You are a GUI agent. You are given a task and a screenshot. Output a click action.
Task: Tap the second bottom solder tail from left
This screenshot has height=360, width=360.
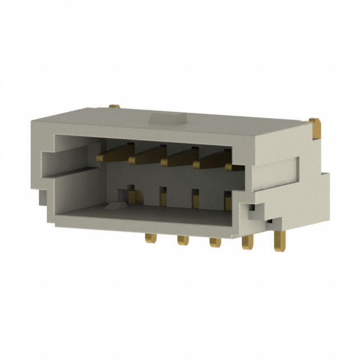point(182,240)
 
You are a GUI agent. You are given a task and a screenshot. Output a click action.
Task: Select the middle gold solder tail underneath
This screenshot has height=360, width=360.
point(214,242)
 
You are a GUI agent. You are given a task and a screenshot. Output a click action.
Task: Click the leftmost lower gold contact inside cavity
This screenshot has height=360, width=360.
point(133,196)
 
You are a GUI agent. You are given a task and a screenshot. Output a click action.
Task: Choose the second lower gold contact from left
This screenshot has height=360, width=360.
point(163,198)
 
